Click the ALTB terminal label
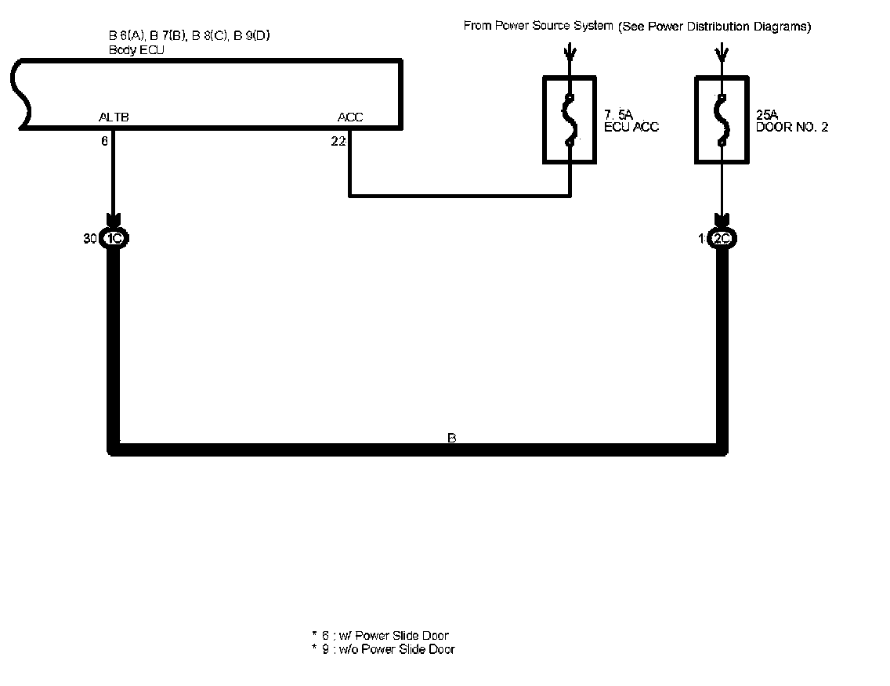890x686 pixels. pos(114,117)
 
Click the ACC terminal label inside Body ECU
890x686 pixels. pos(350,117)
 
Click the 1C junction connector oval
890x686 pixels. pos(114,239)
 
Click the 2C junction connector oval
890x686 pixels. pos(722,239)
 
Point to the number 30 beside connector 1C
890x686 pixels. pos(90,239)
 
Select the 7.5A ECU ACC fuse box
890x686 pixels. pos(570,119)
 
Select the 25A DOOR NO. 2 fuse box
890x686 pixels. pos(722,119)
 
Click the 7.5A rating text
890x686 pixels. pos(618,115)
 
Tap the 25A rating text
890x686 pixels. pos(767,115)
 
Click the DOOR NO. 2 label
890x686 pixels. pos(791,127)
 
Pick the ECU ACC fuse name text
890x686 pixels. pos(631,127)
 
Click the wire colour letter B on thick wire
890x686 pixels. pos(451,439)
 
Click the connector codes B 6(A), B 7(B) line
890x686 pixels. pos(190,36)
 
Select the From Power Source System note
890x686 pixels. pos(637,27)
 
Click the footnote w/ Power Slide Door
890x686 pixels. pos(381,635)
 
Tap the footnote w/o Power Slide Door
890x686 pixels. pos(383,649)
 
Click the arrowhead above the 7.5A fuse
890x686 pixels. pos(570,55)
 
